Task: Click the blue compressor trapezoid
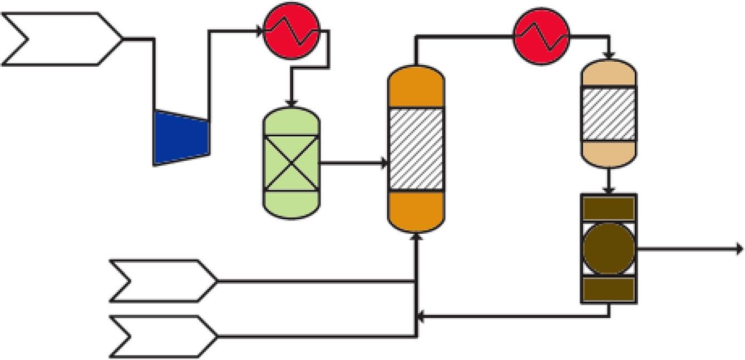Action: [181, 137]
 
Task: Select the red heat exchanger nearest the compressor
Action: [291, 31]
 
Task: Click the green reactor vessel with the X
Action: [291, 162]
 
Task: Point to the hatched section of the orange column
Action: [416, 149]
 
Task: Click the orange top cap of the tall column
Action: [416, 86]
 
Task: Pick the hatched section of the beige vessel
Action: [608, 114]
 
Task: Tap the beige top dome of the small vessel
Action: [608, 73]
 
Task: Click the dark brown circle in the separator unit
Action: [608, 248]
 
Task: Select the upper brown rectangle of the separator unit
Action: [608, 208]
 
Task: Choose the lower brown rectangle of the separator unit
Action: [608, 289]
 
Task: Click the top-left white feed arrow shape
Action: [61, 39]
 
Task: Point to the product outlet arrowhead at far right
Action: [739, 248]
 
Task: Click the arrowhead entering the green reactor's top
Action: [291, 103]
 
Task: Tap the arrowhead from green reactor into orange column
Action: [384, 163]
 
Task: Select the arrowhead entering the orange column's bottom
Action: [417, 236]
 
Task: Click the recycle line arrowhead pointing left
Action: [421, 317]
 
